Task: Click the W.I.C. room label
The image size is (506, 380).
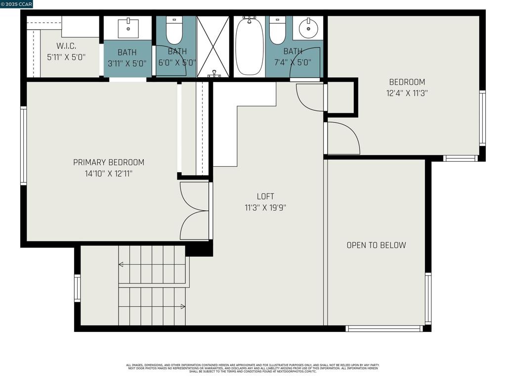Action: click(66, 46)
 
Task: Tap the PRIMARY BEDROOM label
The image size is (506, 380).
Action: click(109, 162)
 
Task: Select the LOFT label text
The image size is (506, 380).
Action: click(265, 196)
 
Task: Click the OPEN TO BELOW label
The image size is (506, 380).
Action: click(376, 245)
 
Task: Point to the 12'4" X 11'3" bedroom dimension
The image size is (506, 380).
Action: click(407, 93)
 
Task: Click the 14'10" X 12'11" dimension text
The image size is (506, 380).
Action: click(109, 174)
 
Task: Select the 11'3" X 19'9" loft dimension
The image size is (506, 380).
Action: click(265, 208)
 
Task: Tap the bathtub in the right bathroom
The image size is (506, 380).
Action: click(249, 46)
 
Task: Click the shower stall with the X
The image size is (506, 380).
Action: click(213, 47)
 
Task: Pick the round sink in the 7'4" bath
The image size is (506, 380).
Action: click(309, 28)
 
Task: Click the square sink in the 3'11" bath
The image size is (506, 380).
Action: click(128, 28)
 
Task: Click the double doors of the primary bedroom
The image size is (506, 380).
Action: click(195, 211)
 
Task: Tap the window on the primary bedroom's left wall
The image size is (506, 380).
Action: click(23, 146)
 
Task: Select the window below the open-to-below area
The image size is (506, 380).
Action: click(384, 328)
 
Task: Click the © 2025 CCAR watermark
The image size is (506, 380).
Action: click(16, 4)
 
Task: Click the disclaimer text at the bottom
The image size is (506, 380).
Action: click(253, 368)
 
